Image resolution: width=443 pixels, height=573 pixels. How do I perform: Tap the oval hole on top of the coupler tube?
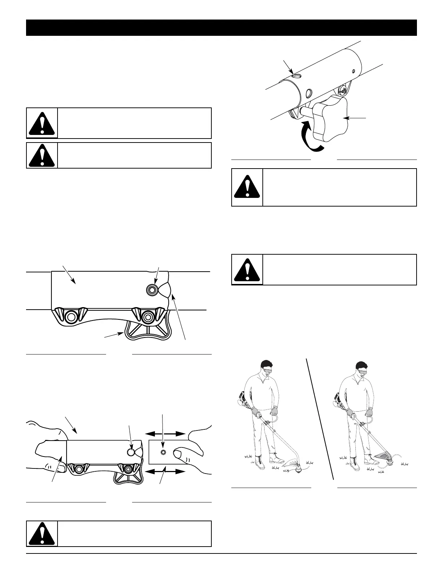297,76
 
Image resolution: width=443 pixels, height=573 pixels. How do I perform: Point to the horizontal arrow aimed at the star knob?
356,118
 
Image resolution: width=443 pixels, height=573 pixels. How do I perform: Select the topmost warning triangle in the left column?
42,123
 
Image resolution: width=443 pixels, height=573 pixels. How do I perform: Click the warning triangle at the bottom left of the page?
42,534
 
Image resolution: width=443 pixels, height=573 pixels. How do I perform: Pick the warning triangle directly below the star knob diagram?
247,187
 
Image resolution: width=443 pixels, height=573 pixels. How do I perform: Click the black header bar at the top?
221,28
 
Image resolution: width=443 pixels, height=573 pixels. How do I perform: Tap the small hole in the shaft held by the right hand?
163,453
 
